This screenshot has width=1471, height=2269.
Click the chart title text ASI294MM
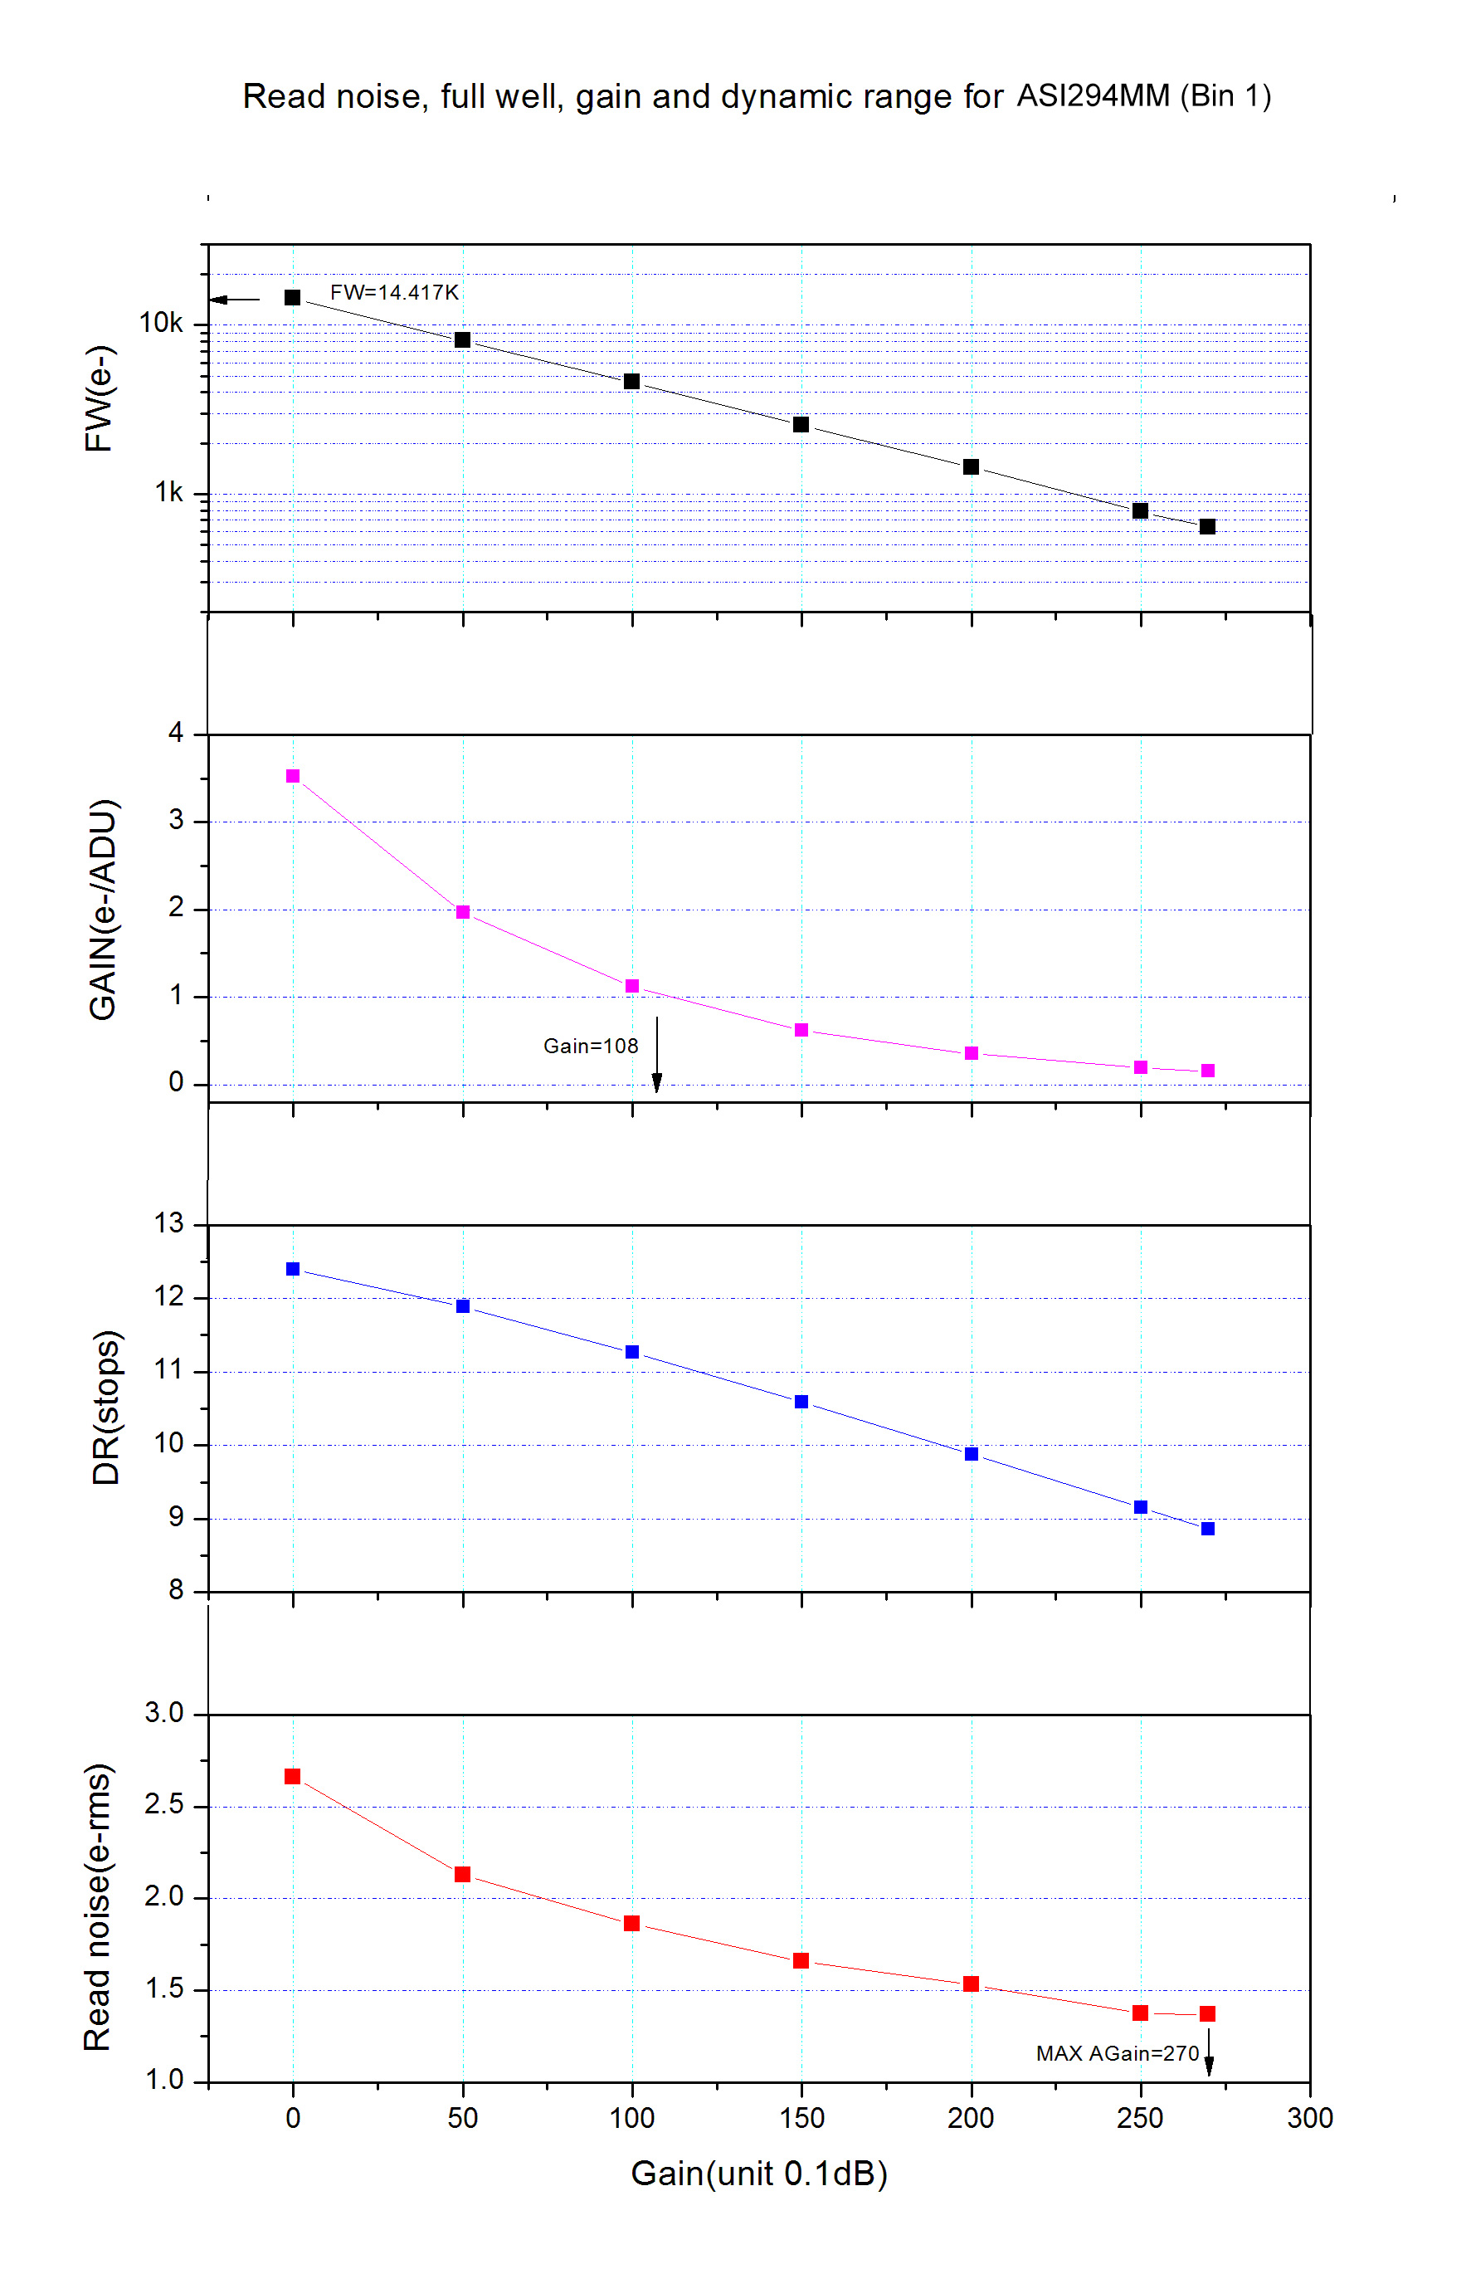tap(1092, 95)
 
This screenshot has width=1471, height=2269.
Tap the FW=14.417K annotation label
tap(394, 293)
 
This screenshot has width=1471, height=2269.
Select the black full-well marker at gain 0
tap(293, 297)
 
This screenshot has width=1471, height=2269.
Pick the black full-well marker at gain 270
tap(1207, 526)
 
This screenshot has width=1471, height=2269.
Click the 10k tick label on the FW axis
tap(160, 323)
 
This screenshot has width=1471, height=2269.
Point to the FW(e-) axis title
tap(100, 398)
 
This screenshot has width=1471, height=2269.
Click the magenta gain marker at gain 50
tap(462, 912)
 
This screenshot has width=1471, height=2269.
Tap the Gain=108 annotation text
tap(590, 1046)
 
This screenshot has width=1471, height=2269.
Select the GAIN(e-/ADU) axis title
tap(102, 910)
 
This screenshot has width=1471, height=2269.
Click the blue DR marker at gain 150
tap(801, 1402)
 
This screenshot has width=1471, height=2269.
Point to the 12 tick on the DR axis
tap(168, 1296)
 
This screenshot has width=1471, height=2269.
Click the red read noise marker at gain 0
tap(293, 1776)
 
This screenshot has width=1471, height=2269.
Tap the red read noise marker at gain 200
tap(971, 1984)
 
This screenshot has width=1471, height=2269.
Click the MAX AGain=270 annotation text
tap(1117, 2053)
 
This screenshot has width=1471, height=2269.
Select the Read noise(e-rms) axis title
tap(98, 1906)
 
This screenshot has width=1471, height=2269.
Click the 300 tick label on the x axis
tap(1309, 2118)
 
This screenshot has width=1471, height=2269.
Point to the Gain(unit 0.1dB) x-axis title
tap(759, 2174)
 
